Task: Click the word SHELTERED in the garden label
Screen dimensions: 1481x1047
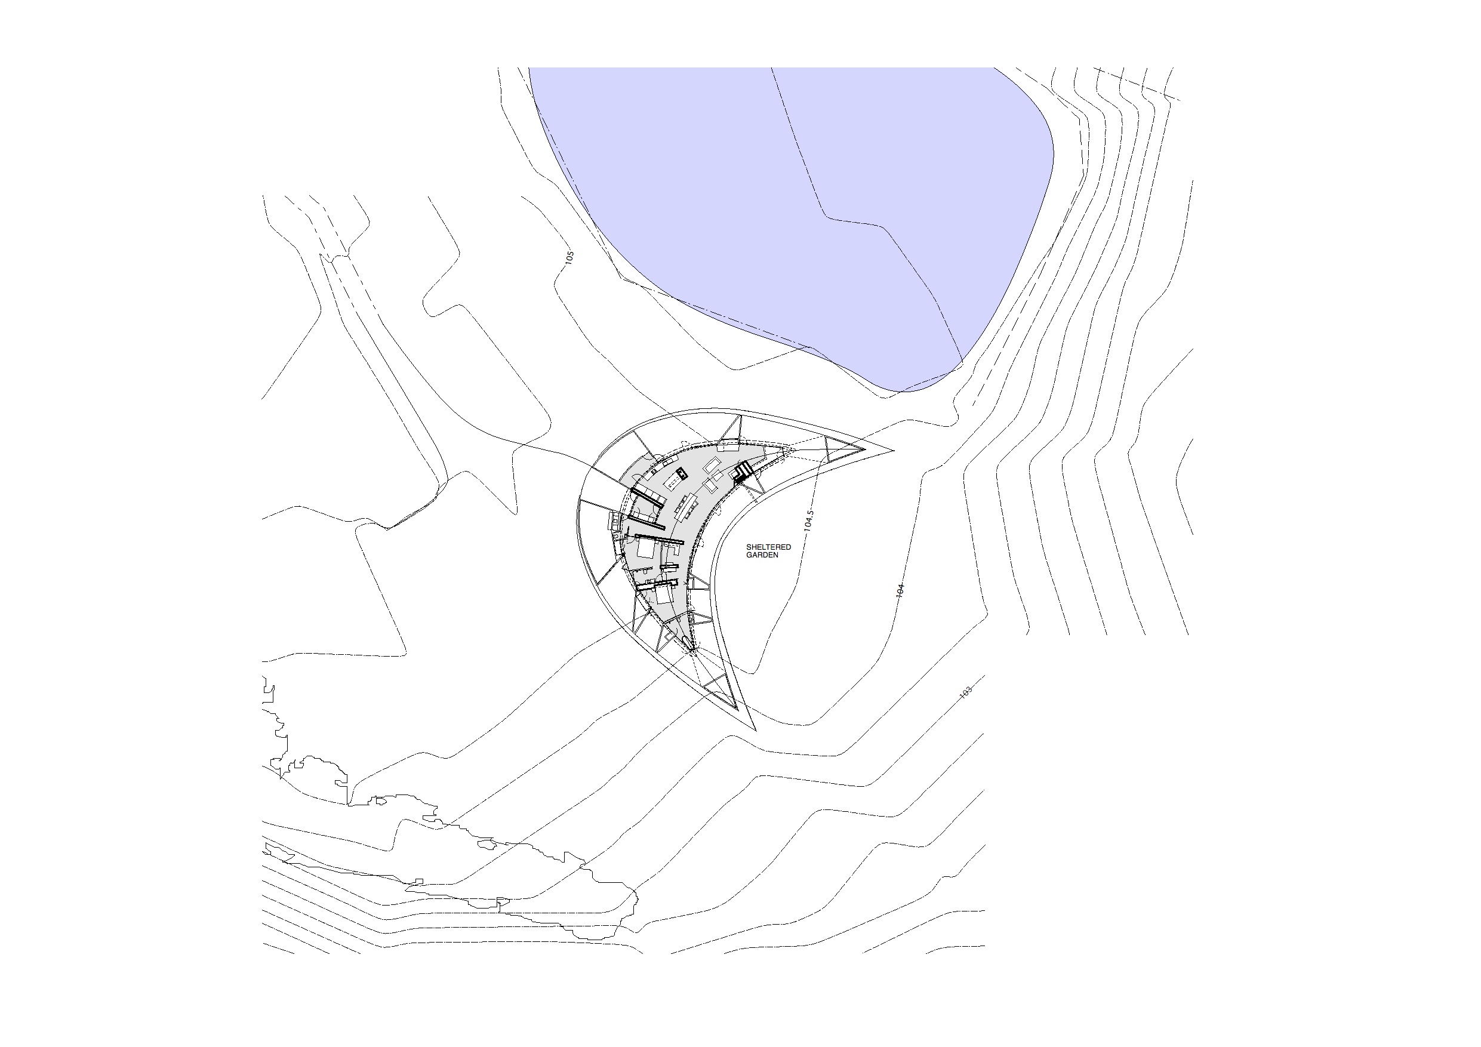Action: pyautogui.click(x=768, y=547)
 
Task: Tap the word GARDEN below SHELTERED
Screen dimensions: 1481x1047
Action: pyautogui.click(x=762, y=555)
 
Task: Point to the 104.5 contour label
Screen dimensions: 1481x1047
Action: pyautogui.click(x=808, y=521)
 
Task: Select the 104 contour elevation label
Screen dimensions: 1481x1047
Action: pyautogui.click(x=900, y=590)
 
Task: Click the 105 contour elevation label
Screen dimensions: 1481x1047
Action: pyautogui.click(x=569, y=258)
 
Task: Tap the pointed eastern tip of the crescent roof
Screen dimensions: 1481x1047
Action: pyautogui.click(x=894, y=449)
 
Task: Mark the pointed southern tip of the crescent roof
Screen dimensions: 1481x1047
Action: pyautogui.click(x=755, y=731)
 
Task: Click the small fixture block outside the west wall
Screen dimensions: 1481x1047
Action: pyautogui.click(x=615, y=519)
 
